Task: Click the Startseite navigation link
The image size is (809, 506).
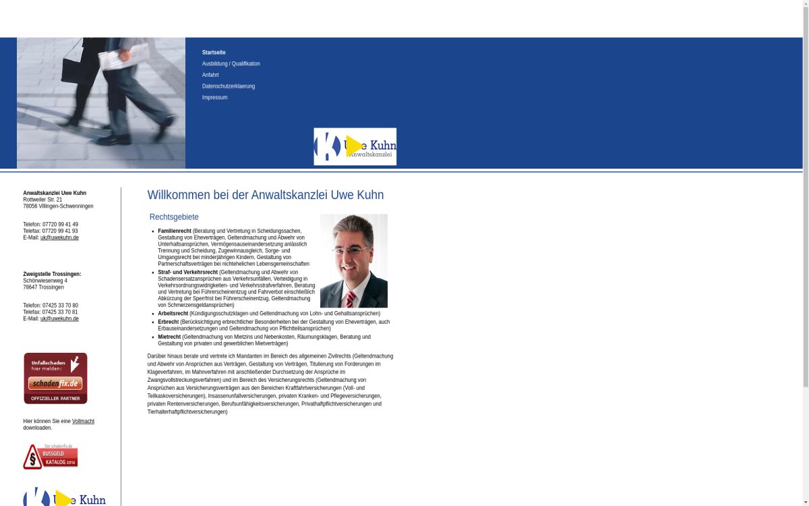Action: (214, 53)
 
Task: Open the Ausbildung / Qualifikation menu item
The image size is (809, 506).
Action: (231, 64)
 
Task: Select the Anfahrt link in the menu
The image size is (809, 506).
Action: (210, 75)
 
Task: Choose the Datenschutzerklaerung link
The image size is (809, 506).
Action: (229, 86)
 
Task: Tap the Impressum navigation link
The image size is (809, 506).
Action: (214, 98)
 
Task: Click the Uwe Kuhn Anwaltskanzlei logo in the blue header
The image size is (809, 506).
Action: (355, 146)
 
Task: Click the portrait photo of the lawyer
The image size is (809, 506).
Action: (353, 260)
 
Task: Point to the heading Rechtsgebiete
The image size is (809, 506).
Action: (174, 217)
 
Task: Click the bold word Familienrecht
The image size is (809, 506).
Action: (175, 231)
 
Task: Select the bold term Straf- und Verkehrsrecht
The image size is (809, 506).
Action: (187, 273)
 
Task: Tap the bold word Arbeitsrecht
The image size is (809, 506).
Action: (173, 314)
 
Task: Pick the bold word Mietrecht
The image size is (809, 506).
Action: (169, 337)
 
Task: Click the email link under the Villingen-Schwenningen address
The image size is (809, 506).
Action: (59, 238)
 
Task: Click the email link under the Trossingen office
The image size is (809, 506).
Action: (59, 319)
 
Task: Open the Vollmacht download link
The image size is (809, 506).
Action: (83, 422)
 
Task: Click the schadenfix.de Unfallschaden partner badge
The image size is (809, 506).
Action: (55, 378)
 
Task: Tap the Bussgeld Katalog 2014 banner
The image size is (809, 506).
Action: (51, 457)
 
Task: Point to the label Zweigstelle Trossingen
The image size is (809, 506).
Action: (52, 275)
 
